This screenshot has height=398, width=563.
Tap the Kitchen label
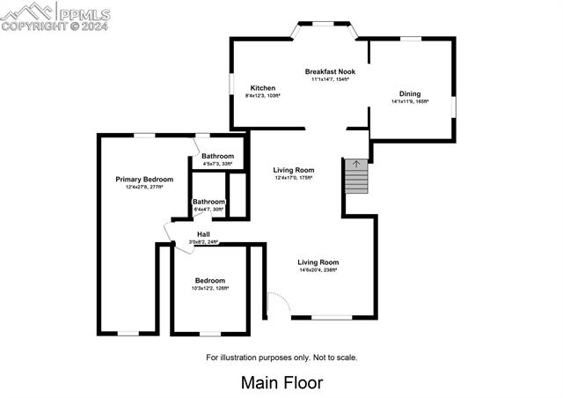263,88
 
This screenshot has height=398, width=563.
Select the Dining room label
410,93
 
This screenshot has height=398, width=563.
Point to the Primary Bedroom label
144,179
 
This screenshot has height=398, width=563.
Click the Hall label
203,233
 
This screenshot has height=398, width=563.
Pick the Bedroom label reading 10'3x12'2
210,280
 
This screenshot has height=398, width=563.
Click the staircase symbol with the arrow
355,175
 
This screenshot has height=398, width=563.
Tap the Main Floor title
281,383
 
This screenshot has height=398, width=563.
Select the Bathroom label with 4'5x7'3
217,156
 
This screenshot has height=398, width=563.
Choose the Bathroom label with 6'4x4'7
208,202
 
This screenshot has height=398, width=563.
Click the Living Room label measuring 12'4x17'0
294,170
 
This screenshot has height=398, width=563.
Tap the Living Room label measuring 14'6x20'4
318,262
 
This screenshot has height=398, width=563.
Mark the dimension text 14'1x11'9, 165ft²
410,101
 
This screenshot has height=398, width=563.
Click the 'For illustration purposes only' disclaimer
281,357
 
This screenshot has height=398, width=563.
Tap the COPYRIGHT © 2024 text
53,26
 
